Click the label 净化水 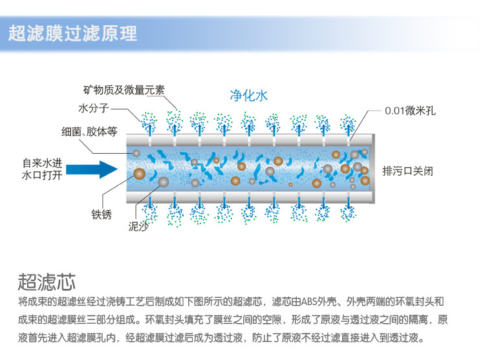(248, 96)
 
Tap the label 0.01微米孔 (410, 111)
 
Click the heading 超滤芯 (47, 282)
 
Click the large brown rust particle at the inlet (139, 173)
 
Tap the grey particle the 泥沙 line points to (163, 182)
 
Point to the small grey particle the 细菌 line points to (136, 153)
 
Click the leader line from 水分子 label (127, 113)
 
